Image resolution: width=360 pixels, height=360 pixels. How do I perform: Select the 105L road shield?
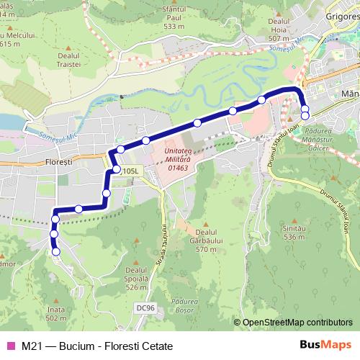pyautogui.click(x=130, y=171)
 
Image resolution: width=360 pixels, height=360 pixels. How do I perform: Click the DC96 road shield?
pyautogui.click(x=145, y=308)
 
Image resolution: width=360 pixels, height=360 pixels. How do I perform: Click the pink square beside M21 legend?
pyautogui.click(x=11, y=346)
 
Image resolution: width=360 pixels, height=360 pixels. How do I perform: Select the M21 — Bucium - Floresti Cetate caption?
pyautogui.click(x=96, y=346)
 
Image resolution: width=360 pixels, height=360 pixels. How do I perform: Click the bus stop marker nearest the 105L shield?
pyautogui.click(x=117, y=169)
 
